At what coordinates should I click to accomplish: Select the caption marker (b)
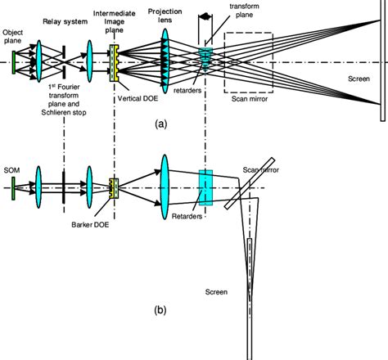pyautogui.click(x=160, y=310)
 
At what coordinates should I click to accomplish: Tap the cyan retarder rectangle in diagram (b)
pyautogui.click(x=205, y=189)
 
